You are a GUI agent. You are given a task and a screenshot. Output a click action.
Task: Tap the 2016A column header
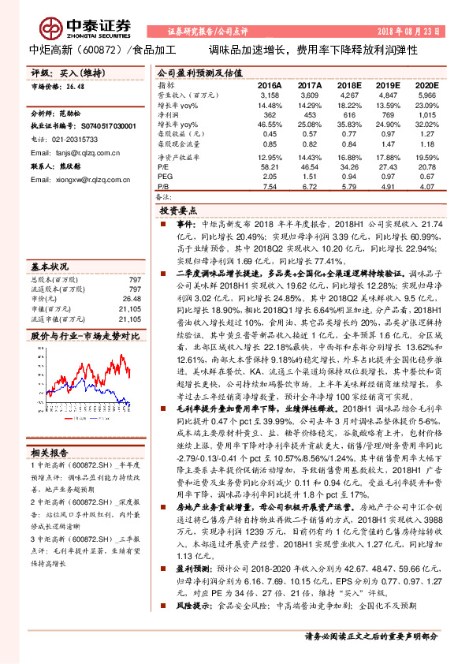click(x=270, y=84)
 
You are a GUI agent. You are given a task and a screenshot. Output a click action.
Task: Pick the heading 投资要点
click(x=177, y=212)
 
